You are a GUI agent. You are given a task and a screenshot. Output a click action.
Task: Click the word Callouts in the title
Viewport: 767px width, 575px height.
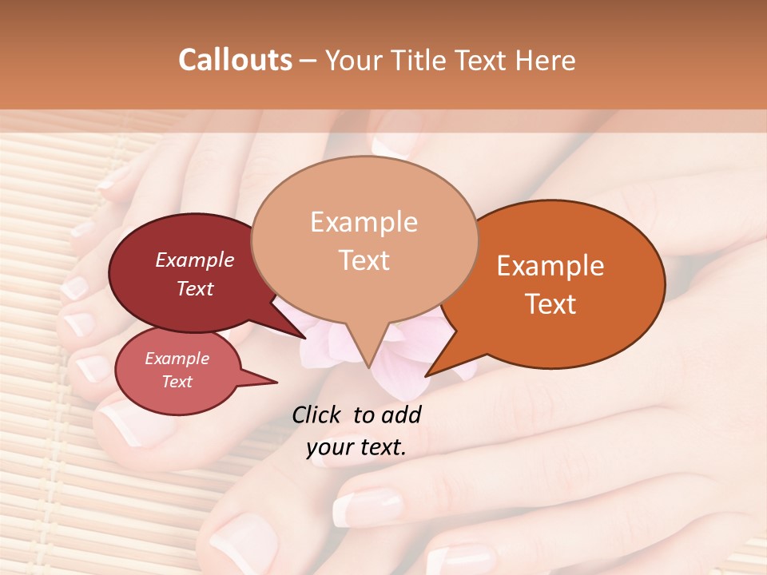[235, 60]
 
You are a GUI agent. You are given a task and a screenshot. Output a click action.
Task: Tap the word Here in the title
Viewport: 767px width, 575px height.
[546, 60]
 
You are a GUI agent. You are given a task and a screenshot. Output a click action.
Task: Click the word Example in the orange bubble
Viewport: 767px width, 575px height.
[550, 266]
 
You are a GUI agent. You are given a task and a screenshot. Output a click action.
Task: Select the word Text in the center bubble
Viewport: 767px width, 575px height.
[364, 260]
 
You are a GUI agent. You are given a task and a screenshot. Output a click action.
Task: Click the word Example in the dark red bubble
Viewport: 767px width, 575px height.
[194, 260]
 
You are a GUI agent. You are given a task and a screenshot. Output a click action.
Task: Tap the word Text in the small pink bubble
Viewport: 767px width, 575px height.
[177, 382]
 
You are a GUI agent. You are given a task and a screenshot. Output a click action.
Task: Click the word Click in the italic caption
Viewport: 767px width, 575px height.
[317, 414]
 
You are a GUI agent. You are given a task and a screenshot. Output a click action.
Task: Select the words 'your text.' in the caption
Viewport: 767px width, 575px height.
[356, 447]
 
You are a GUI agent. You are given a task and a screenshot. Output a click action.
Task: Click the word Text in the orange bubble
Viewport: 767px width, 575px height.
[550, 304]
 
